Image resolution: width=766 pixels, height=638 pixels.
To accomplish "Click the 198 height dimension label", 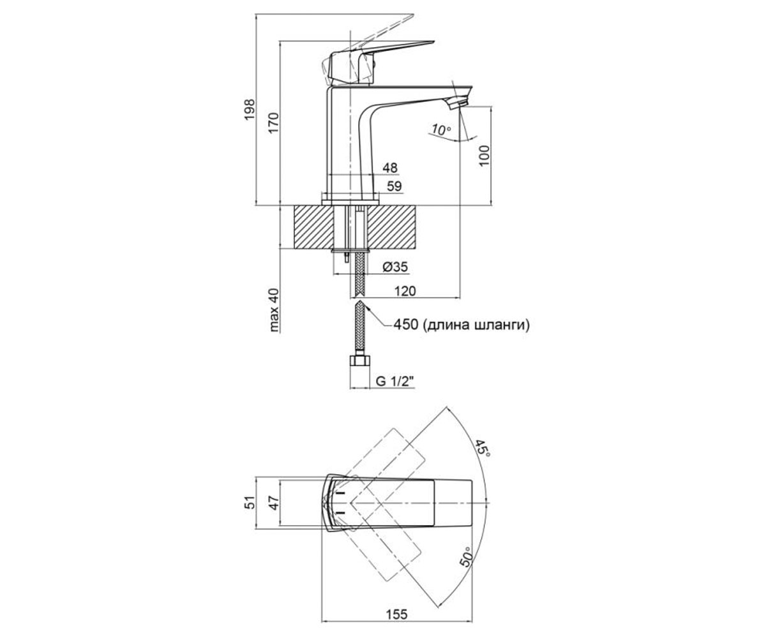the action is [x=250, y=109].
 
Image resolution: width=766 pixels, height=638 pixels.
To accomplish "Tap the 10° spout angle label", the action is [x=441, y=130].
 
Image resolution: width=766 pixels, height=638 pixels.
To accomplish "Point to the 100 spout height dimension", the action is [x=484, y=156].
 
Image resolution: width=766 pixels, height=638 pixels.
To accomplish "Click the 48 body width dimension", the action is [x=390, y=168].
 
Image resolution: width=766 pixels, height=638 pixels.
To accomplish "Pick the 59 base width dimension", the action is [x=394, y=186].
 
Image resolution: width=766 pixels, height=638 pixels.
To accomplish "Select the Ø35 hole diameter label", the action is [x=394, y=267].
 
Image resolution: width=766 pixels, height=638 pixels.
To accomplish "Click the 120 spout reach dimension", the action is [x=405, y=291].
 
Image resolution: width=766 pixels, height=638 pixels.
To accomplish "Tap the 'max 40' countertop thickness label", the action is [x=274, y=310].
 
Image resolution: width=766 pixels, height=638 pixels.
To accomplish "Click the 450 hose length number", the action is [x=406, y=324].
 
